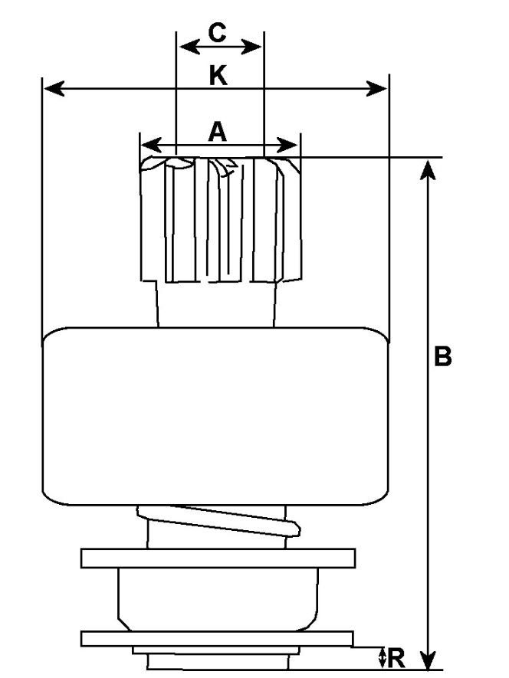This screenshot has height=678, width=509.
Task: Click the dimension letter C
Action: tap(217, 33)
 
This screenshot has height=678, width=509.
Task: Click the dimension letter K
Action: tap(218, 76)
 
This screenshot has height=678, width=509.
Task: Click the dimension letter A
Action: tap(217, 132)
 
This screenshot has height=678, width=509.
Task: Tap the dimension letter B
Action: tap(442, 356)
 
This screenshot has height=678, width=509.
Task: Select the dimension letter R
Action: tap(396, 658)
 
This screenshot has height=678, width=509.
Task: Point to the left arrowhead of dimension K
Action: tap(54, 88)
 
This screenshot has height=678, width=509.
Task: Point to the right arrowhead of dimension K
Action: tap(376, 89)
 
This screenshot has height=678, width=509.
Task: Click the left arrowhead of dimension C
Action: tap(189, 46)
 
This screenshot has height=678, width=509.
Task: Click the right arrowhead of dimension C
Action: tap(251, 47)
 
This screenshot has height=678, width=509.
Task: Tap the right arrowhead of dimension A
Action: tap(287, 145)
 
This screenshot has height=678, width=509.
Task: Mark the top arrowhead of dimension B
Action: tap(428, 169)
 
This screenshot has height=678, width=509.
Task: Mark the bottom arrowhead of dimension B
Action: tap(428, 658)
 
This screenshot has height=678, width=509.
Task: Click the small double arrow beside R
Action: tap(382, 657)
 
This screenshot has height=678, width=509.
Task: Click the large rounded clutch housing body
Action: tap(215, 416)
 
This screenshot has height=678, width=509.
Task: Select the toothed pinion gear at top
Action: tap(220, 220)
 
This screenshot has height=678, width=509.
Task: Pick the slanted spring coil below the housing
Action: tap(218, 521)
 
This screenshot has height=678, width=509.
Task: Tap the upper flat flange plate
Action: tap(218, 558)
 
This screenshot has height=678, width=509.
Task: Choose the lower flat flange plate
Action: tap(217, 639)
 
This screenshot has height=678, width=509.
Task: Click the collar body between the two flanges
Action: tap(218, 599)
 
